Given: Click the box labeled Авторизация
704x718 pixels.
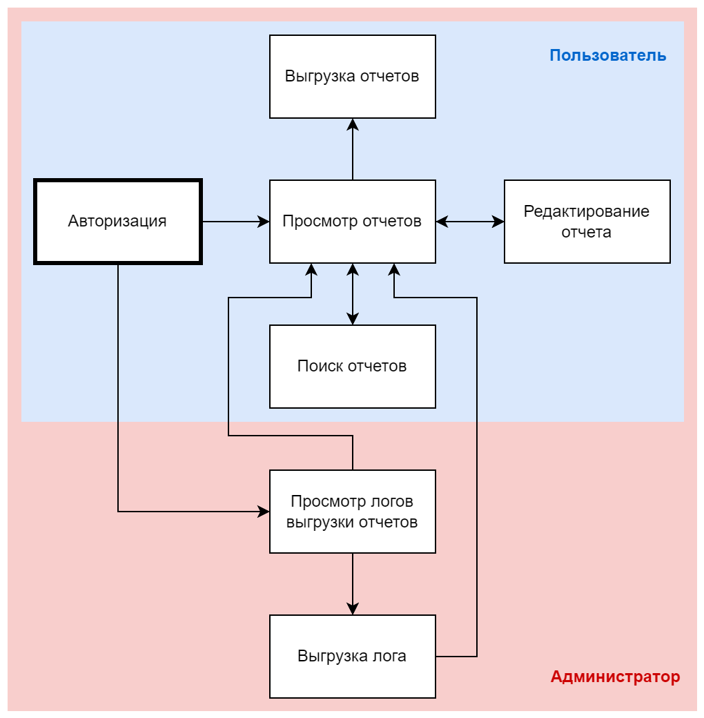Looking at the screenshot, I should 118,222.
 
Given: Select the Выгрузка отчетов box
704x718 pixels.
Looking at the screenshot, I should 353,76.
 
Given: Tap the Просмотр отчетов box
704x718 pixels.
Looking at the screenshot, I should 353,222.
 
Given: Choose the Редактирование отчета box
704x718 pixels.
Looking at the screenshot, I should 587,222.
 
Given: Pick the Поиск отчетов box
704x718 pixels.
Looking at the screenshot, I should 353,367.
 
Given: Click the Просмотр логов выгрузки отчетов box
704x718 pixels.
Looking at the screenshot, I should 353,512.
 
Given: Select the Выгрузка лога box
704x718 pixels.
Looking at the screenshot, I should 353,657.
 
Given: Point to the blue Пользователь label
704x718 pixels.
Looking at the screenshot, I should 607,56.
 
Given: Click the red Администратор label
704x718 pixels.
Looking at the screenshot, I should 615,677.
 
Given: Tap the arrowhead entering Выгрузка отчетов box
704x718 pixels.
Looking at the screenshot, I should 353,124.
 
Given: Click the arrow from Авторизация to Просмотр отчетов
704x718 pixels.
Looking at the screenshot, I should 235,222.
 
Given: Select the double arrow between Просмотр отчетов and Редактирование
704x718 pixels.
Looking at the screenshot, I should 470,222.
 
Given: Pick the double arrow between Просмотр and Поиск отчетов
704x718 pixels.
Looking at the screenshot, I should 353,294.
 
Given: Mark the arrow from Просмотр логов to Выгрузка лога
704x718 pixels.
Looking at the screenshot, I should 353,583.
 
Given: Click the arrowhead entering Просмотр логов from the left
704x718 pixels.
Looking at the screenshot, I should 264,512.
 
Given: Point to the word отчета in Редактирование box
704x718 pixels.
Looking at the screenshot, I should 586,233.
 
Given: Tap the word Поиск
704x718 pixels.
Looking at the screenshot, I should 320,367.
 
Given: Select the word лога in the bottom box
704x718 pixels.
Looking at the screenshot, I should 390,657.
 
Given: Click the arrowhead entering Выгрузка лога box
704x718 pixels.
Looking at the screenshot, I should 353,608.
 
